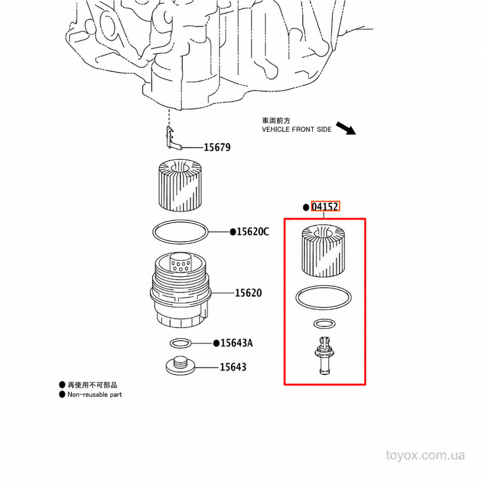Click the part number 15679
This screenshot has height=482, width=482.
tap(217, 147)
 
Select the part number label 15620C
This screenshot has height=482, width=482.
tap(253, 232)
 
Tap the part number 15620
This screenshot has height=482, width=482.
tap(248, 293)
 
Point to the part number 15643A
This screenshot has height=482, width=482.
tap(236, 343)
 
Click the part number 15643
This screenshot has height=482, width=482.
tap(233, 367)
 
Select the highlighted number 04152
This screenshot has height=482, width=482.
tap(325, 206)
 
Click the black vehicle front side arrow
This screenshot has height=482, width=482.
tap(346, 128)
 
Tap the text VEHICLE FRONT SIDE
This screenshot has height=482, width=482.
tap(297, 129)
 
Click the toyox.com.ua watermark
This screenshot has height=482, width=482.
tap(425, 455)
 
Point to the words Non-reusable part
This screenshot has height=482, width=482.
tap(95, 394)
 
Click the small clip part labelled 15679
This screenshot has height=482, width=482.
tap(172, 138)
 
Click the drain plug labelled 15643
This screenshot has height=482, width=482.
tap(180, 365)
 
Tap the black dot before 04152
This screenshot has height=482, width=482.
tap(306, 207)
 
